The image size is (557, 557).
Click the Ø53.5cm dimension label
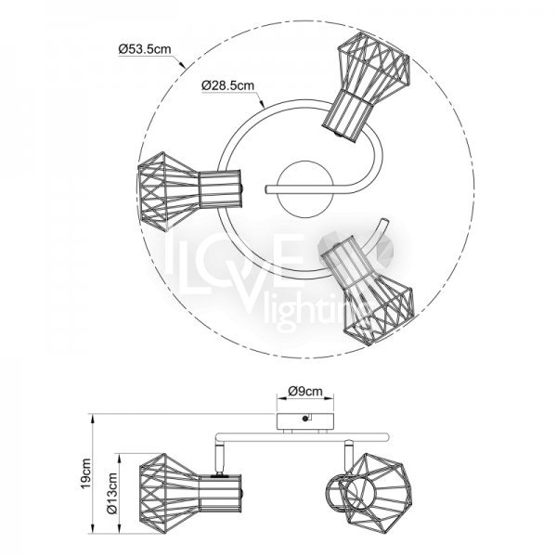click(145, 49)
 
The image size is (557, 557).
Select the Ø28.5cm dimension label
click(227, 85)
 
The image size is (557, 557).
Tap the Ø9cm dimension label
click(305, 391)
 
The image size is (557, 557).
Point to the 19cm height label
click(86, 473)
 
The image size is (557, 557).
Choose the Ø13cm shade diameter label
click(112, 493)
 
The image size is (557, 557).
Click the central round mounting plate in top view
click(305, 189)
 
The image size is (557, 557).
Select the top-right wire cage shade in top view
click(367, 86)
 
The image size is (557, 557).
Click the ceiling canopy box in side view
click(305, 421)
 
